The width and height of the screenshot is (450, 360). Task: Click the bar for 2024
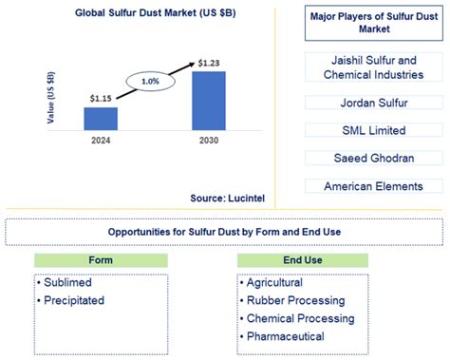point(101,119)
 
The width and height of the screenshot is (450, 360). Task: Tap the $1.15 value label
point(101,98)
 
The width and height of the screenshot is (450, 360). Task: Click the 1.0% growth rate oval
point(151,82)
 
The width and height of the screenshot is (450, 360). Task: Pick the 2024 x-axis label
point(101,142)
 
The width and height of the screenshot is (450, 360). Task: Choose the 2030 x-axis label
point(208,142)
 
